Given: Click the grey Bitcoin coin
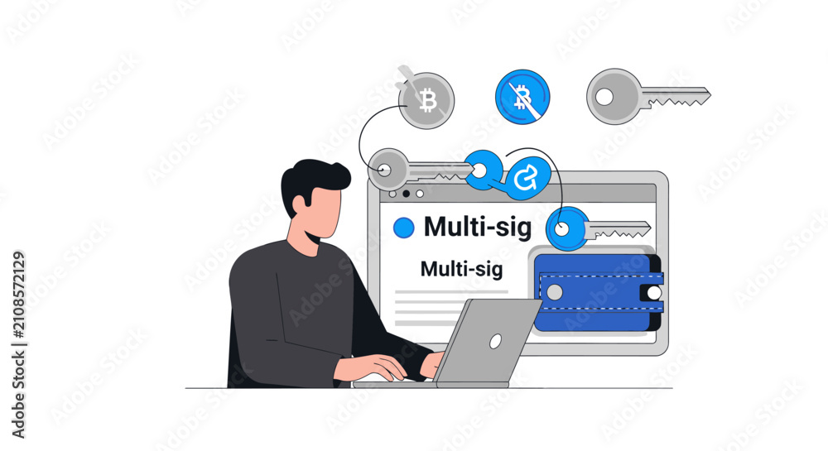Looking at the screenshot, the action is (x=426, y=100).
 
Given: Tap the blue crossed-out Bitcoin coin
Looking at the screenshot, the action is (x=522, y=97).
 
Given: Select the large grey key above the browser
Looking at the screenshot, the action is (x=647, y=97).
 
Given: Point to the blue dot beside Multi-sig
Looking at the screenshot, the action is (x=404, y=228).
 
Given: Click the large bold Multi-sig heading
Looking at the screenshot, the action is (x=478, y=228).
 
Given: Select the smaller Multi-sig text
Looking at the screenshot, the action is (x=461, y=269).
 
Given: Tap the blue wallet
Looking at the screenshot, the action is (x=599, y=293).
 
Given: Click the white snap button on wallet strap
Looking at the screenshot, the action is (x=654, y=293).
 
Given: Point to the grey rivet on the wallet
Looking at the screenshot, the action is (x=555, y=291).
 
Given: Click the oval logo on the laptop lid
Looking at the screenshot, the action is (x=495, y=342).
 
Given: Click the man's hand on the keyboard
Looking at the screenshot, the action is (x=369, y=367).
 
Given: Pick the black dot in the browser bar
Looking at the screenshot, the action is (x=406, y=194).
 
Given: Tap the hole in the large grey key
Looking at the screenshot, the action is (x=604, y=97).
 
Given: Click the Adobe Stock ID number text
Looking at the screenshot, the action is (x=18, y=295).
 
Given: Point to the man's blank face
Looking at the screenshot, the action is (x=323, y=212).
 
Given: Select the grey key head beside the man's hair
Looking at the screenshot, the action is (x=388, y=170).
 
